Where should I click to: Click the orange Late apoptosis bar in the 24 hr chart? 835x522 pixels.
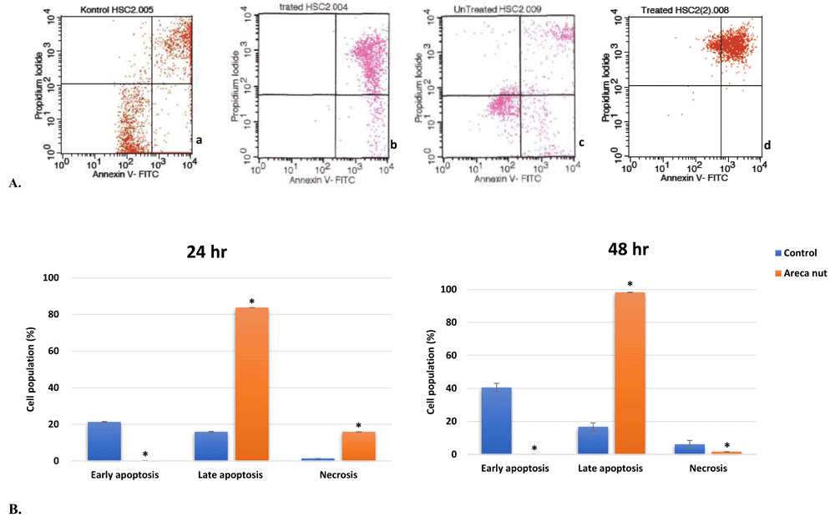click(x=251, y=384)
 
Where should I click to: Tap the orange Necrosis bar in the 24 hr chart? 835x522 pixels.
click(x=358, y=446)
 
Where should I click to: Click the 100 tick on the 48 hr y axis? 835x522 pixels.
click(x=450, y=289)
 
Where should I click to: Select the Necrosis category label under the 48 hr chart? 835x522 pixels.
click(x=708, y=469)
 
